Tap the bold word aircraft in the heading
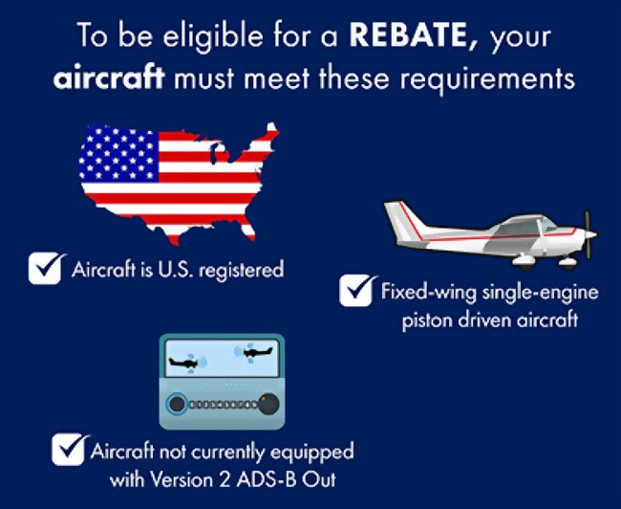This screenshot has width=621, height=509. (109, 77)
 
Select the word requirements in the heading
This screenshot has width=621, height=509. (487, 79)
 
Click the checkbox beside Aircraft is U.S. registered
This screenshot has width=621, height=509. (45, 268)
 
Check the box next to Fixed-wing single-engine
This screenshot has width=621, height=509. (356, 291)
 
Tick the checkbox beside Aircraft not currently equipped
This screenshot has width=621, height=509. (69, 449)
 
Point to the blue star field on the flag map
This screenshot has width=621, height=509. (118, 153)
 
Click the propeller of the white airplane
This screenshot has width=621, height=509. (589, 234)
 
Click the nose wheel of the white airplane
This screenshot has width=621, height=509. (567, 263)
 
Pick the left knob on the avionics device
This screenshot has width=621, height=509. (177, 405)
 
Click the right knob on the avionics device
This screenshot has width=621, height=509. (268, 405)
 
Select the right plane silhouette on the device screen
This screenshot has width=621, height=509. (257, 352)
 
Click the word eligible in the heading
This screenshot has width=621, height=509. (213, 36)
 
